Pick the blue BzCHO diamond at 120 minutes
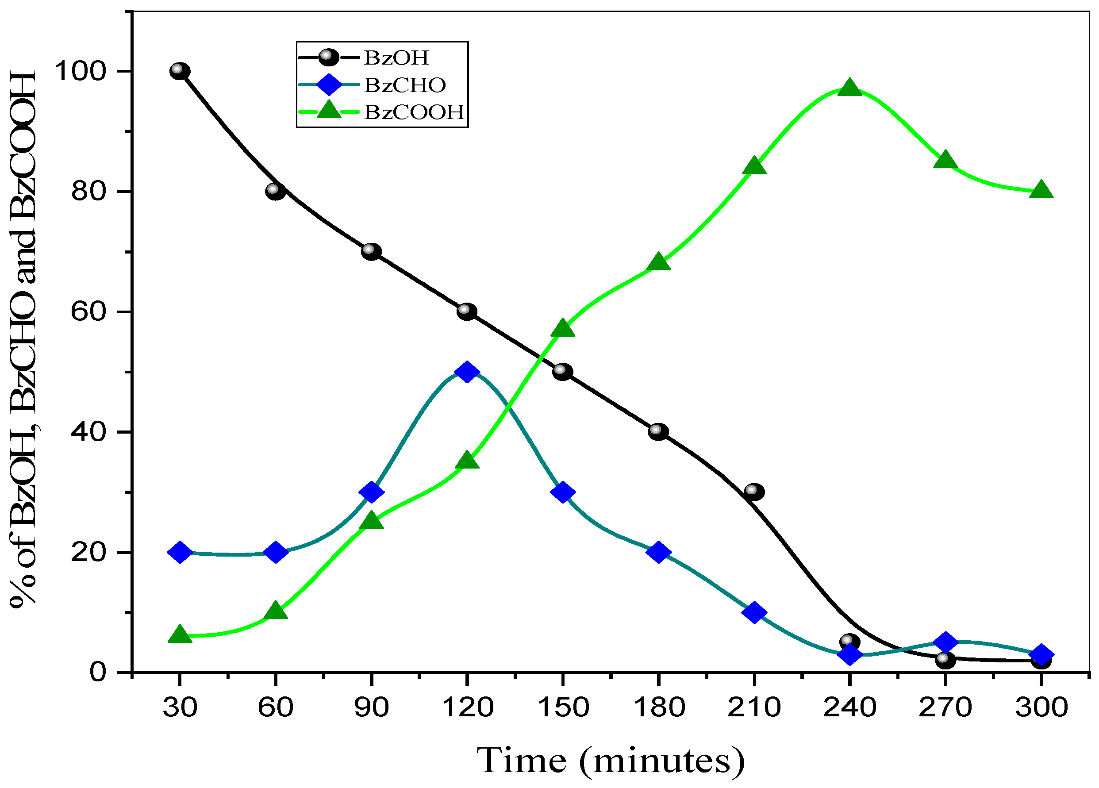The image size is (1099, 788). click(467, 372)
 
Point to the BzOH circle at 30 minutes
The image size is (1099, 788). click(180, 71)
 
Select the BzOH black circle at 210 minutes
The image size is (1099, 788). click(754, 492)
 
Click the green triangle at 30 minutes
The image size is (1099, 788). click(180, 634)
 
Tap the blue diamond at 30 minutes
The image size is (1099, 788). click(180, 552)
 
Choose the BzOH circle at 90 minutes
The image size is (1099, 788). click(371, 251)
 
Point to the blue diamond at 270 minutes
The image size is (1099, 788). click(945, 642)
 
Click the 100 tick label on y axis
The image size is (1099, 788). click(80, 71)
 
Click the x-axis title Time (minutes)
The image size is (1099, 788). click(611, 761)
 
